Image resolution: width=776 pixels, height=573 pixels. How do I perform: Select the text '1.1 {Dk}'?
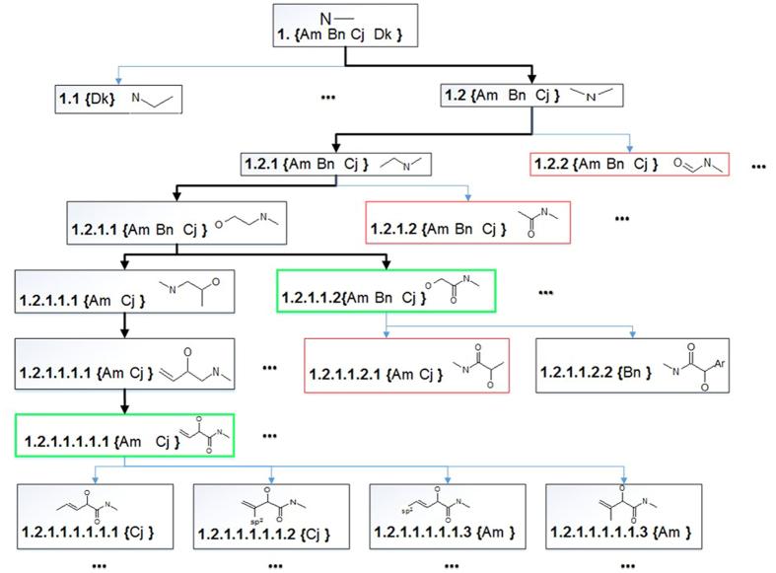tap(84, 100)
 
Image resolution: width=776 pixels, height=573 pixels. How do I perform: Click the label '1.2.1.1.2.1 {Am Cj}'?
tap(371, 376)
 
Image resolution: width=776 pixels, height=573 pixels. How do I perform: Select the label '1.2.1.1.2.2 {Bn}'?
tap(600, 375)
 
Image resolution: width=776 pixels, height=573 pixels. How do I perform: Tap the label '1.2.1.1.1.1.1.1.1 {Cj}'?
tap(94, 535)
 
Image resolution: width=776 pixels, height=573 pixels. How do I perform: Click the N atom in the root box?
tap(325, 17)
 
